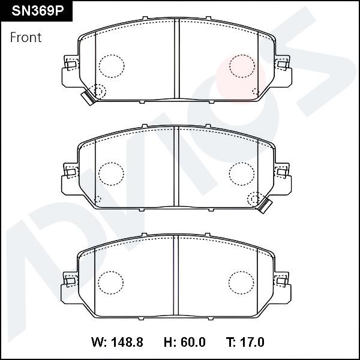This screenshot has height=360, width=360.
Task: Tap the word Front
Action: tap(26, 37)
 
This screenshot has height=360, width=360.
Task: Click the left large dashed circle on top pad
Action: tap(111, 65)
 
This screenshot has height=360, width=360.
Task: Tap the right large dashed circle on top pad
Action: tap(242, 65)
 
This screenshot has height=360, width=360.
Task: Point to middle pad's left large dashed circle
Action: tap(111, 173)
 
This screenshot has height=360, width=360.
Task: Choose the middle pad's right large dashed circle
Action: tap(242, 173)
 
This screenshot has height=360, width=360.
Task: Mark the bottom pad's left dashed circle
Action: tap(111, 282)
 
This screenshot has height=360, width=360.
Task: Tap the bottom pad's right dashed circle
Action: tap(242, 282)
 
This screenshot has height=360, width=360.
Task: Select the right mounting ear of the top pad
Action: tap(284, 71)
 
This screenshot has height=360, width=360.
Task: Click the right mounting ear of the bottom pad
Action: tap(284, 287)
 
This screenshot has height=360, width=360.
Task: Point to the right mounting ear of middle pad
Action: tap(284, 179)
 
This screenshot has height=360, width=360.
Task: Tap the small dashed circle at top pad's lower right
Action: tap(256, 92)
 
